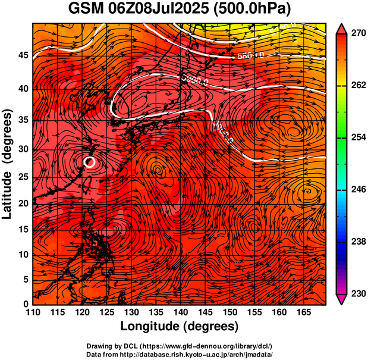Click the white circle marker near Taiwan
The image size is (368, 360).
pos(90,162)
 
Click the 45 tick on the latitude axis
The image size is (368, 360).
pos(22,55)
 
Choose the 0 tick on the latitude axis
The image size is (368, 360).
pos(25,304)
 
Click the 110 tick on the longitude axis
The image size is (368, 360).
pos(33,313)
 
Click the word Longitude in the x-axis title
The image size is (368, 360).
pos(151,326)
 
